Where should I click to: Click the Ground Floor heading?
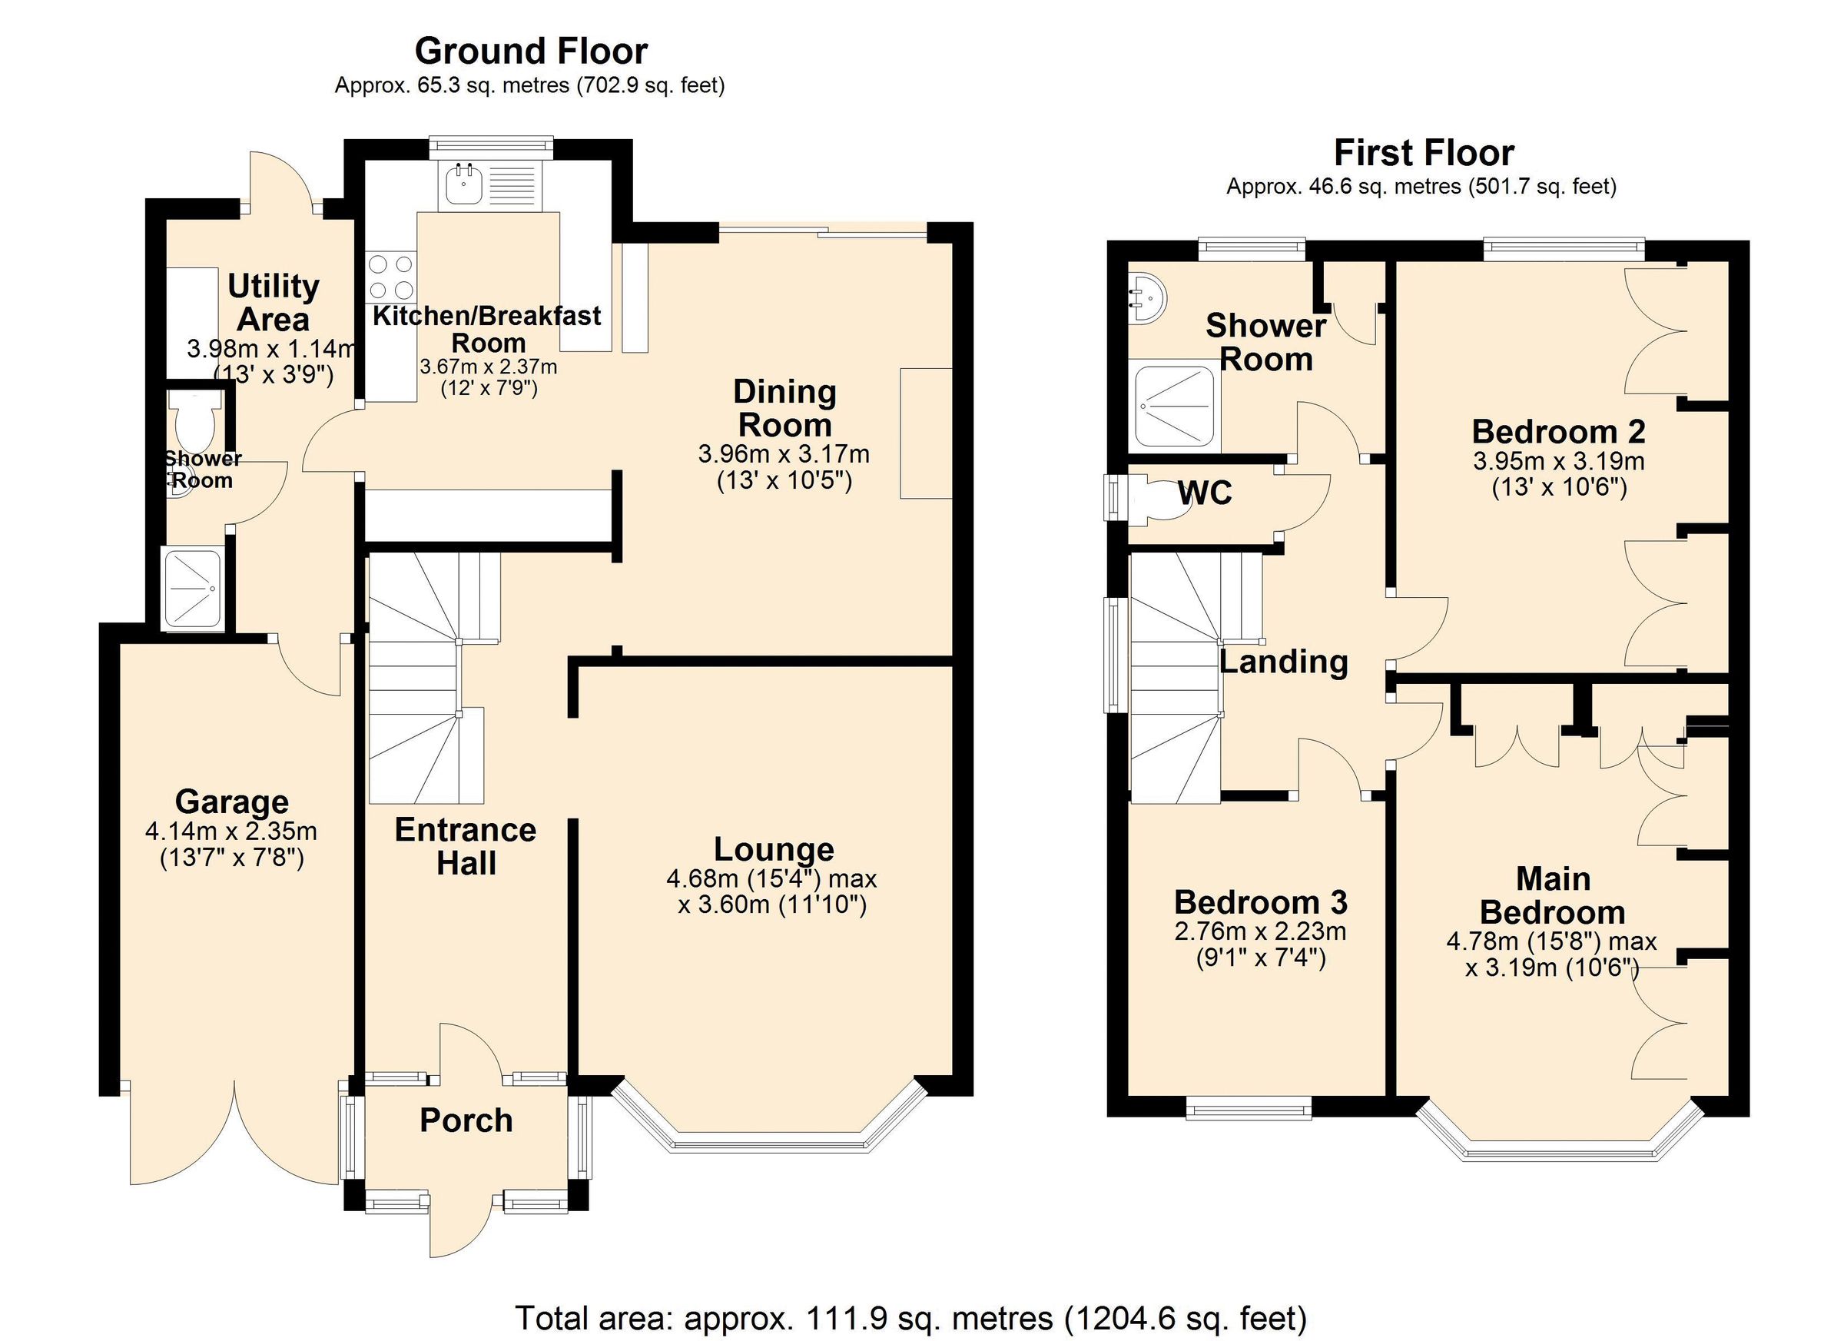point(531,51)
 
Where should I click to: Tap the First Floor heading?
point(1424,153)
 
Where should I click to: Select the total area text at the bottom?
point(911,1316)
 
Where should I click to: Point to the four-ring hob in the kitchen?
point(391,277)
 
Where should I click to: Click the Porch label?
point(466,1120)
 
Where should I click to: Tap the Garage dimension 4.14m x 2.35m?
point(231,832)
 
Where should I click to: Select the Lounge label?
point(773,849)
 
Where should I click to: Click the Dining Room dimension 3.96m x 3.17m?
point(784,453)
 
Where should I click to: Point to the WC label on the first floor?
point(1205,493)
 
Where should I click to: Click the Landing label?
point(1284,662)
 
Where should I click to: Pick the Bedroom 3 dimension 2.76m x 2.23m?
point(1260,931)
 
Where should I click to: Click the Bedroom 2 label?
point(1559,432)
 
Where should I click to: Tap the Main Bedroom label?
point(1552,895)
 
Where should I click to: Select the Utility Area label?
point(274,303)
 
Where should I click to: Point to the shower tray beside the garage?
point(194,589)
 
